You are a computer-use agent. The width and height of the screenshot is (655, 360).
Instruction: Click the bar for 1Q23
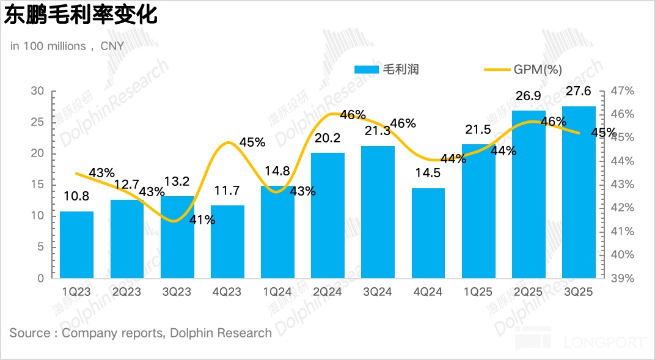tap(76, 244)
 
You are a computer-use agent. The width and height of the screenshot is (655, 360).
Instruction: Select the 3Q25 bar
tap(579, 193)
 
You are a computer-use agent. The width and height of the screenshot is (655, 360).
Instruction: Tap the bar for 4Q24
tap(428, 233)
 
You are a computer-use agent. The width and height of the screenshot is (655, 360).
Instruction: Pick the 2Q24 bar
tap(327, 215)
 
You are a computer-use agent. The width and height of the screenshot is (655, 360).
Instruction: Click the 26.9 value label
tap(529, 97)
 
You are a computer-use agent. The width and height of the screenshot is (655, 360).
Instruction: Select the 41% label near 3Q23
tap(202, 220)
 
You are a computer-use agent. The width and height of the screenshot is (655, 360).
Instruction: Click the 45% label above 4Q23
tap(252, 142)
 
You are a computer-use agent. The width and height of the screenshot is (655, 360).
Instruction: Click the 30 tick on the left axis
tap(38, 91)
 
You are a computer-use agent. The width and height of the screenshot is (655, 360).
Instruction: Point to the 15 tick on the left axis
tap(38, 185)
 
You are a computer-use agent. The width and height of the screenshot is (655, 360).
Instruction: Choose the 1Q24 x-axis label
tap(277, 292)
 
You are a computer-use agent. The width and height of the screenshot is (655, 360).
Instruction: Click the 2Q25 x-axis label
tap(529, 292)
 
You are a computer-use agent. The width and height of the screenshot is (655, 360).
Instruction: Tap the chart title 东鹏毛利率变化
tap(81, 15)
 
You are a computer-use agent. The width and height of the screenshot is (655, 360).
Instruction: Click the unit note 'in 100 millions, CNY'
tap(67, 46)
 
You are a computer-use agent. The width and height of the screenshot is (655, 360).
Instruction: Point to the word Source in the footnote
tap(29, 333)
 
